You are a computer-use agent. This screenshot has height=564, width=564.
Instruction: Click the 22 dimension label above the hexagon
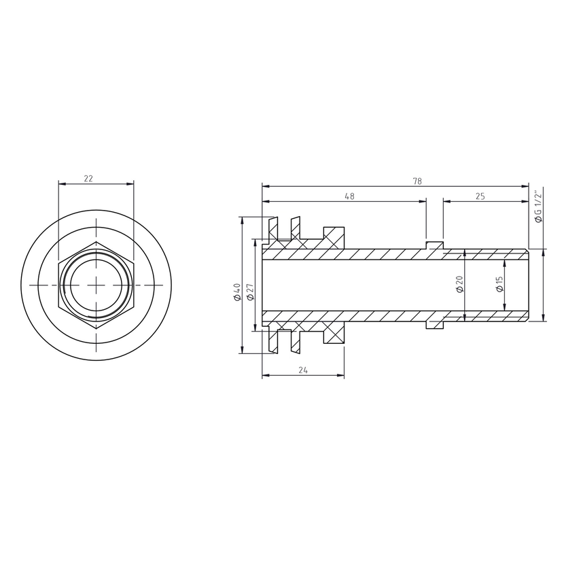pos(88,179)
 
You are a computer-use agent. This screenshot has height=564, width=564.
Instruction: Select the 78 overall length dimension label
pos(417,181)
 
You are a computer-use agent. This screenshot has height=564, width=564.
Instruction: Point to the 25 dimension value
pos(480,196)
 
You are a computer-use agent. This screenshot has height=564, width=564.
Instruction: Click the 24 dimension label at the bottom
pos(303,370)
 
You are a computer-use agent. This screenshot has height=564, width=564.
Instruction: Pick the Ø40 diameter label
pos(237,292)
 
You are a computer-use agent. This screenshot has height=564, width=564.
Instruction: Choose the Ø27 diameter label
pos(251,292)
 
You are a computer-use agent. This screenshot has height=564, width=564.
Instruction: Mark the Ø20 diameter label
pos(459,284)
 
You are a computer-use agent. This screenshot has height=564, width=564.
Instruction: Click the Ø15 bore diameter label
pos(499,284)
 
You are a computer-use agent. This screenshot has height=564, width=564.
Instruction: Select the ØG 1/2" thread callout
pos(538,207)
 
